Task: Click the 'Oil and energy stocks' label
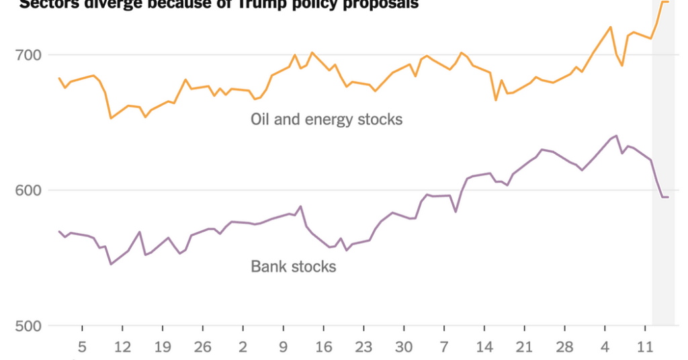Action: tap(327, 120)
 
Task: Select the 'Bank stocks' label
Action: tap(294, 267)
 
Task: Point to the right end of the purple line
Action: tap(668, 197)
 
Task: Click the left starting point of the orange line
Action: tap(59, 78)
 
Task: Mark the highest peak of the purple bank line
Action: tap(616, 136)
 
